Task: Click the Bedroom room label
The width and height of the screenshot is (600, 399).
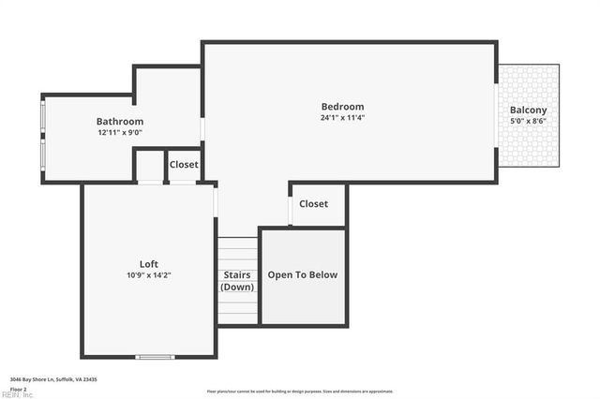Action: (x=342, y=107)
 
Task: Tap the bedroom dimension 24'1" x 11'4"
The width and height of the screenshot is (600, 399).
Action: (x=342, y=118)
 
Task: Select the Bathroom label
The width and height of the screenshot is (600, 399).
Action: (x=120, y=122)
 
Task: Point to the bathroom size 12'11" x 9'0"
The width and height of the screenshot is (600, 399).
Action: (x=120, y=133)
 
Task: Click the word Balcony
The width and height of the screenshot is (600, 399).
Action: (x=528, y=111)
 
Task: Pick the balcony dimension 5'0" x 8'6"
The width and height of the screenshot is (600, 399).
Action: (x=528, y=121)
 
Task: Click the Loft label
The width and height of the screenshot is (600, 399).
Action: (x=149, y=264)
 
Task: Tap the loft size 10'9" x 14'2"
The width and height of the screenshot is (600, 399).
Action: (x=149, y=275)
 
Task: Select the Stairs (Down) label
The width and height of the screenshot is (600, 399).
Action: (x=237, y=281)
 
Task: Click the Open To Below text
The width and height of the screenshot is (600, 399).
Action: (x=303, y=275)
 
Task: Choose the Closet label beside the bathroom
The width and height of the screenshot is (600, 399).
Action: (x=184, y=165)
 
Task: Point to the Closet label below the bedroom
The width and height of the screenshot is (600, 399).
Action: (x=313, y=204)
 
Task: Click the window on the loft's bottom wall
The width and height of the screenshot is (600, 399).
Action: (x=155, y=356)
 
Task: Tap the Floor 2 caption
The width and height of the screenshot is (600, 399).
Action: (x=19, y=388)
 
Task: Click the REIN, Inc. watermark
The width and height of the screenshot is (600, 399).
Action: (x=17, y=394)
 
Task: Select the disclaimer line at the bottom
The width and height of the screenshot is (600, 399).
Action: (x=300, y=392)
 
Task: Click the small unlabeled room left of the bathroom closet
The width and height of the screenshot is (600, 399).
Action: (x=150, y=165)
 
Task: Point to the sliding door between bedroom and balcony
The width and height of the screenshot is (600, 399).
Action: (x=496, y=116)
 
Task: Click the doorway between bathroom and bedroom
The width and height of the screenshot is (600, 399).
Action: (x=202, y=128)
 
